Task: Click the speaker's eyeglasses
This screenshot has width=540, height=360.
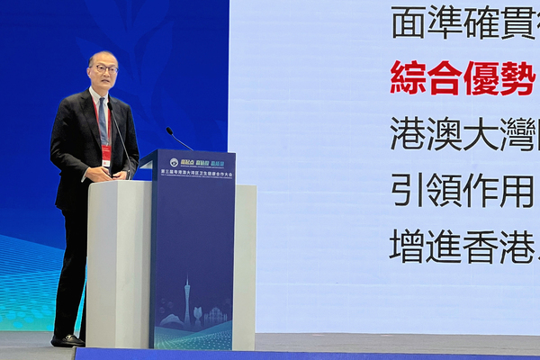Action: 104,68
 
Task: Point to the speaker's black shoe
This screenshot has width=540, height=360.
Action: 67,340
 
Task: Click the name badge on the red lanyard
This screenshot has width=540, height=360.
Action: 106,154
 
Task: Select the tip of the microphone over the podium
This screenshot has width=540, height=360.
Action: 167,130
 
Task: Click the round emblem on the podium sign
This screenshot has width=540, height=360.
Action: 174,162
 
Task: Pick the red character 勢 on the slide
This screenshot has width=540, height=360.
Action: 517,78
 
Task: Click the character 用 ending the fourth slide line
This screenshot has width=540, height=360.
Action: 517,190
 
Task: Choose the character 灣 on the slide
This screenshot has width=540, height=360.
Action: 517,134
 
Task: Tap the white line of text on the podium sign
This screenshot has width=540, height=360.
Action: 194,171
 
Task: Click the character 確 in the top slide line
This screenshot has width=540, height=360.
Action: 481,22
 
